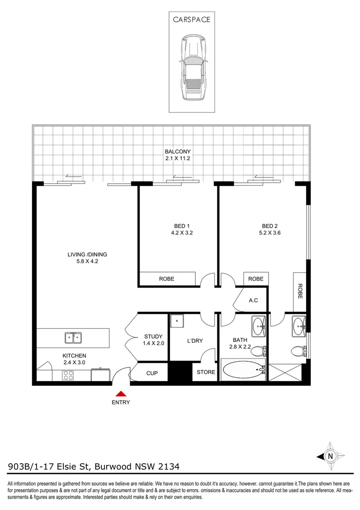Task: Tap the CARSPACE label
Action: (x=192, y=20)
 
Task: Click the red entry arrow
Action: (x=121, y=393)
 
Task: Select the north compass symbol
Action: (x=331, y=456)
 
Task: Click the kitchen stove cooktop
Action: (x=68, y=376)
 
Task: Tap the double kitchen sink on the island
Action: (x=73, y=337)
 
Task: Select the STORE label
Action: (x=206, y=372)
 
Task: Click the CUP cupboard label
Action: (x=151, y=373)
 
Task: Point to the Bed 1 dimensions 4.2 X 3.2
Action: (x=182, y=233)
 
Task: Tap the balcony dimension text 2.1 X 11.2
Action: (x=177, y=159)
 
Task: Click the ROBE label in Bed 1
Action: (x=166, y=279)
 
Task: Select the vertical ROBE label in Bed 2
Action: (x=300, y=291)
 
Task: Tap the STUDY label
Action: (x=153, y=337)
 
